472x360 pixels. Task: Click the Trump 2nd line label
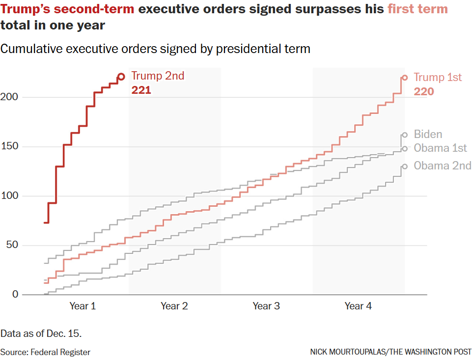157,76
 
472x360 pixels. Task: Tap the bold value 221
141,90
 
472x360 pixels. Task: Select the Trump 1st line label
438,78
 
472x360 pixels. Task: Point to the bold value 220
424,92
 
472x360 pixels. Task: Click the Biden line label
428,135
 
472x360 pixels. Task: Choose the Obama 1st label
440,148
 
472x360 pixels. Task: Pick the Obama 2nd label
442,166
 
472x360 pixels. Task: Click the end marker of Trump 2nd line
121,77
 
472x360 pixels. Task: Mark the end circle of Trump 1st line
405,78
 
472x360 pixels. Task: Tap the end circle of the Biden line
405,135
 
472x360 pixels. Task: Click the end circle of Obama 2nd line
405,166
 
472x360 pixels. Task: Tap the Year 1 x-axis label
83,306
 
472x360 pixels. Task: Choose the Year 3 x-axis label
266,306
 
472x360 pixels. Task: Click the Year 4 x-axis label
358,306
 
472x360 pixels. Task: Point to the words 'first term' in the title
417,9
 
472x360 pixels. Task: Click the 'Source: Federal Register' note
45,352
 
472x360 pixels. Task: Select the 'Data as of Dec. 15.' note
41,333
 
